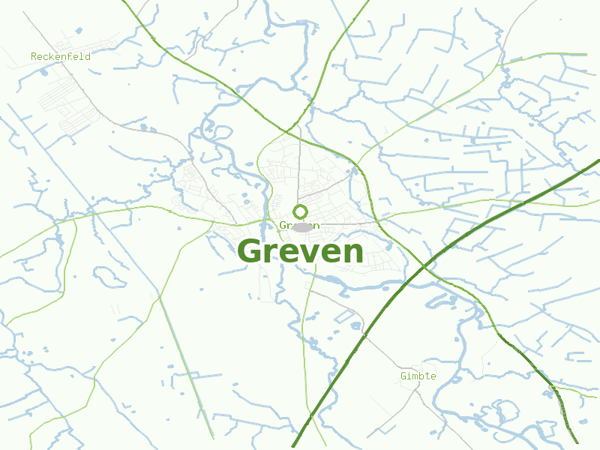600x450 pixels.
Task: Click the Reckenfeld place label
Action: coord(61,57)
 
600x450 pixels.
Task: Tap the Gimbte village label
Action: coord(418,376)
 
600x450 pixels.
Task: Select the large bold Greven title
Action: coord(300,251)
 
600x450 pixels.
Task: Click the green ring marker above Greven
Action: coord(301,211)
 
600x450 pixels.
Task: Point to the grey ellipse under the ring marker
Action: coord(301,226)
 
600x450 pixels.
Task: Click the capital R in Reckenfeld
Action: coord(34,57)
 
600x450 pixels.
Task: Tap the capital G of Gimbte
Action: coord(403,376)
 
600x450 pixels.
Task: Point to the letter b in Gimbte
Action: coord(421,376)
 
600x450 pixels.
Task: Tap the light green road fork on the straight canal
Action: coord(160,298)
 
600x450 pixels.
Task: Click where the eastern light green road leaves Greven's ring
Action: coord(383,215)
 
